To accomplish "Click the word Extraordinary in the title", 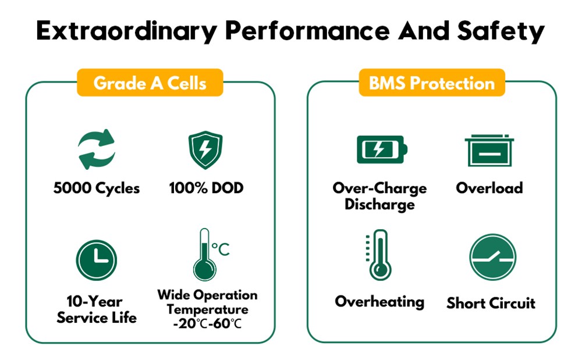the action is click(x=126, y=31).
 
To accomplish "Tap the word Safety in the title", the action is click(x=501, y=31).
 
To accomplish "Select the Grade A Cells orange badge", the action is click(x=150, y=83).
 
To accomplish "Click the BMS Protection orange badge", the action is click(x=432, y=83).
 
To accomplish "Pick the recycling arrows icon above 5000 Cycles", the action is click(x=97, y=149).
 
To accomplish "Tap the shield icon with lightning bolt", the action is click(x=205, y=150).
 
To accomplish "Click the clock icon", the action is click(x=97, y=260).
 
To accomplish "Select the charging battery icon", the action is click(x=382, y=149).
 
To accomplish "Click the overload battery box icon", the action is click(x=489, y=150).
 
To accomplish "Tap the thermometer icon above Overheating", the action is click(x=379, y=255).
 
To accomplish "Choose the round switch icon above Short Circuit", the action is click(x=492, y=257).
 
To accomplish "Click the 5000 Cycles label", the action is click(x=97, y=188).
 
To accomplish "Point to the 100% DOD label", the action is click(x=206, y=188).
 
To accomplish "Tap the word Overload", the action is click(x=489, y=188).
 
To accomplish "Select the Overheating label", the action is click(x=379, y=302).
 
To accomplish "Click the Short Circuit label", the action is click(x=491, y=303).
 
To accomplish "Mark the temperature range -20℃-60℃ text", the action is click(x=208, y=323).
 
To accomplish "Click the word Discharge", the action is click(x=379, y=204).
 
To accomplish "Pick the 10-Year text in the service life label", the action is click(x=94, y=301).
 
